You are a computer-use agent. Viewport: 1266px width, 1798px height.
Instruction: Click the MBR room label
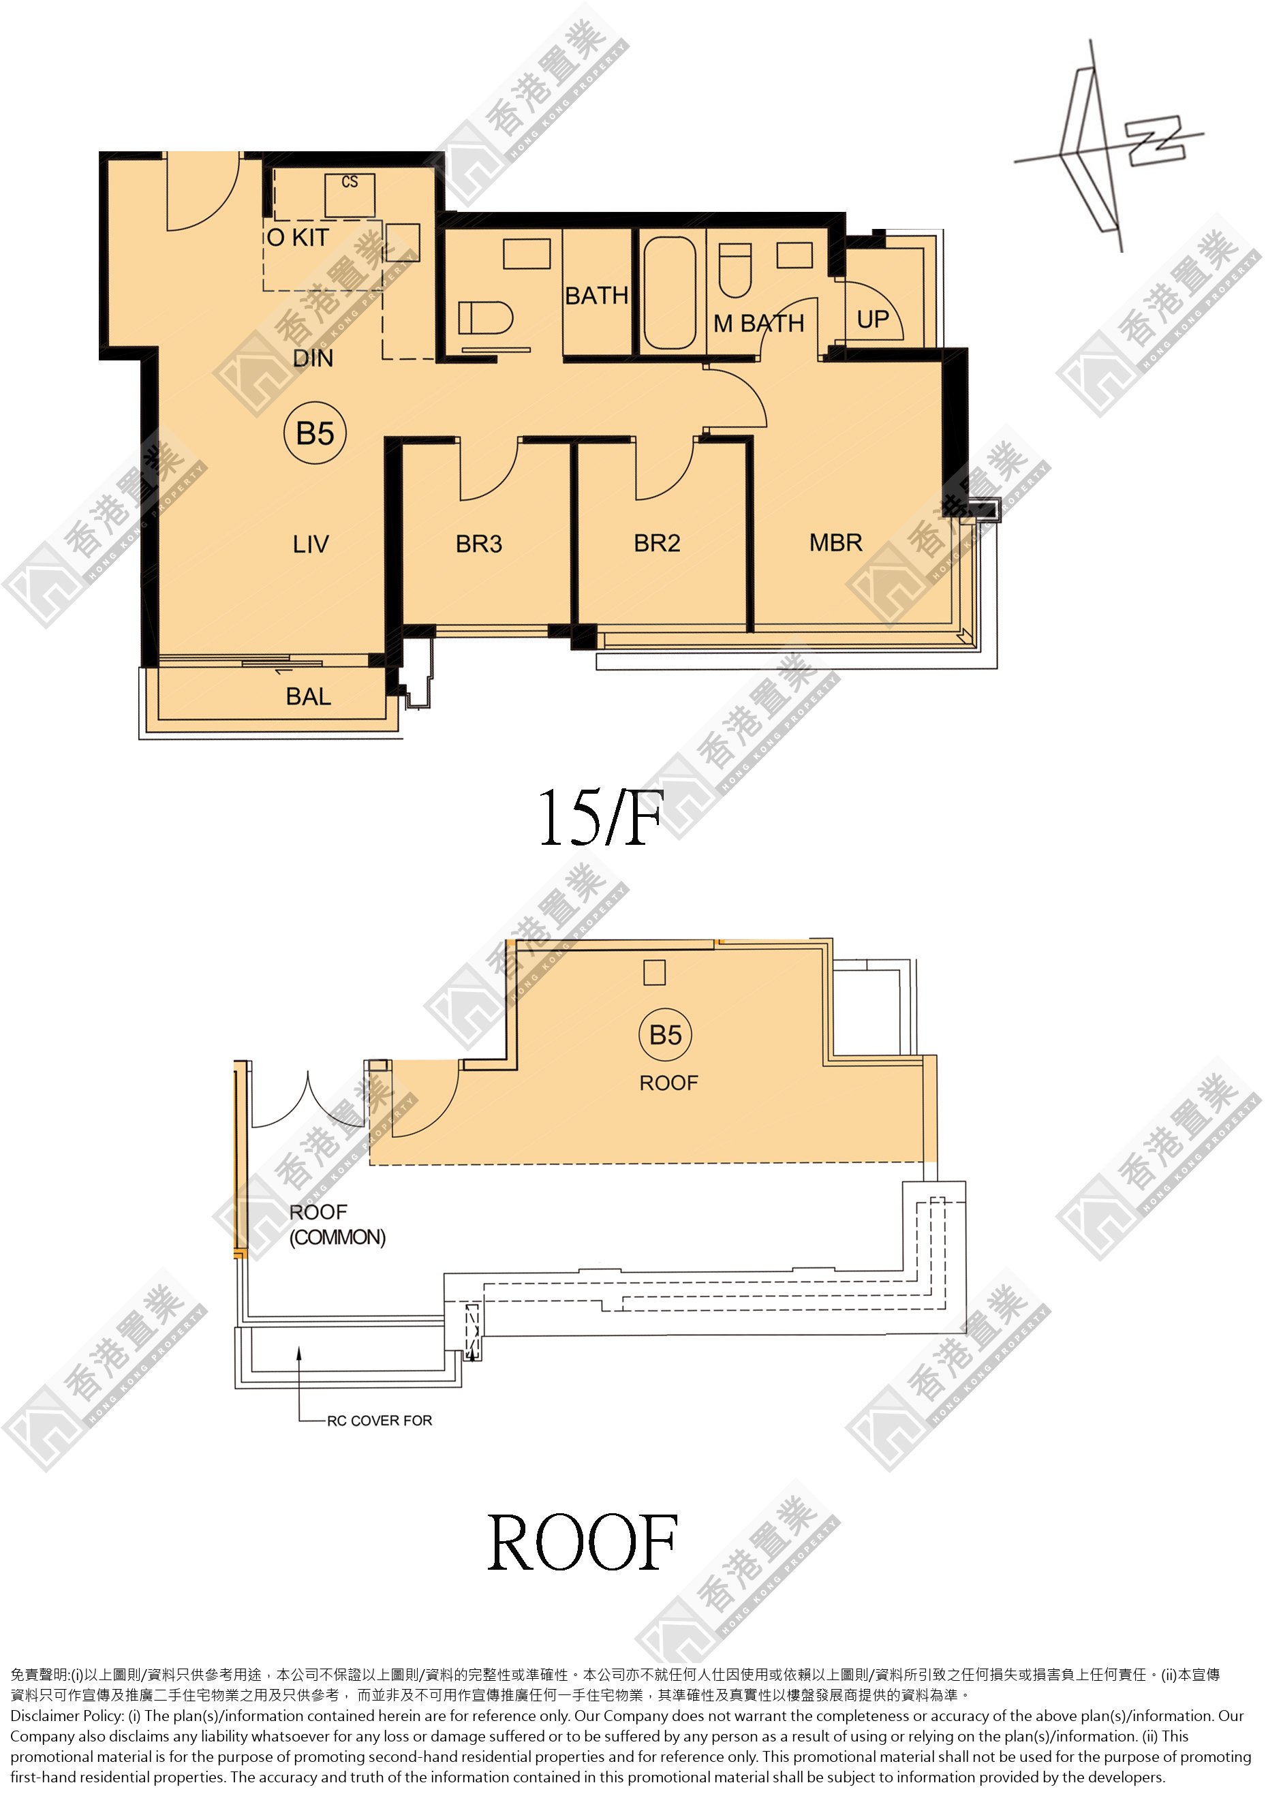coord(835,543)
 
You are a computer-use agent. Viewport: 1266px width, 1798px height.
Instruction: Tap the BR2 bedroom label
coord(657,543)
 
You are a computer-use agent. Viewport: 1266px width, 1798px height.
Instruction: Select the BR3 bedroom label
coord(479,544)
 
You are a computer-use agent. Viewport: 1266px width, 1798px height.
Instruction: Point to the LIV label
coord(311,544)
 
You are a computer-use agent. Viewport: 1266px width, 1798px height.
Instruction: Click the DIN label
coord(313,358)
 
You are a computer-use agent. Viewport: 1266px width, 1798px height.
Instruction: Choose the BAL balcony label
coord(309,696)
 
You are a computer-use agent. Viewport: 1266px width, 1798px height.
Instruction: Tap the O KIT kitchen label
coord(298,237)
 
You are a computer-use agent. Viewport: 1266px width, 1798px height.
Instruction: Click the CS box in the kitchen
coord(350,194)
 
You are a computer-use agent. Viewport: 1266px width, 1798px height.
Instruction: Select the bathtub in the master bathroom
coord(669,292)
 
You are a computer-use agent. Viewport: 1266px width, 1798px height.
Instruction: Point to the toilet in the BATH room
coord(484,318)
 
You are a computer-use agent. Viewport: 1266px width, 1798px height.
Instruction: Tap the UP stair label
coord(873,320)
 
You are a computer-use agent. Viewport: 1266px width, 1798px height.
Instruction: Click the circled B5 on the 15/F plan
coord(315,433)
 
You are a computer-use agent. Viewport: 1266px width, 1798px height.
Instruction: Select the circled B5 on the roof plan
coord(666,1034)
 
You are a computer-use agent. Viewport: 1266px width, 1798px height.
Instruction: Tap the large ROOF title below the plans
coord(583,1542)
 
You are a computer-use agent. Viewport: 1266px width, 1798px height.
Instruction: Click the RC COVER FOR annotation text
coord(380,1421)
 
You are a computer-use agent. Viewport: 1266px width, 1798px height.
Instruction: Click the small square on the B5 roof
coord(655,973)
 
